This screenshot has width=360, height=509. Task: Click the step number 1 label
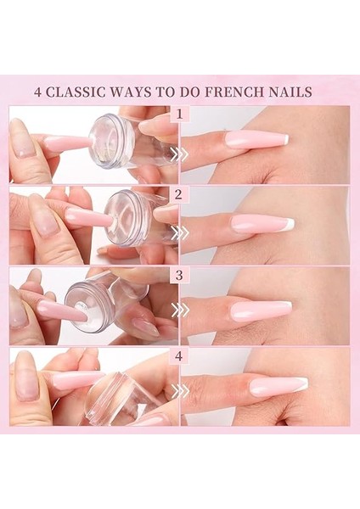coord(179,114)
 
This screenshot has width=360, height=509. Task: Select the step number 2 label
coord(179,194)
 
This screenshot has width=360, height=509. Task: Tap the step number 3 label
coord(179,275)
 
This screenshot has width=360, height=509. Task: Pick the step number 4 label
coord(179,355)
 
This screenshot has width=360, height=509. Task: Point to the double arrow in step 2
coord(179,232)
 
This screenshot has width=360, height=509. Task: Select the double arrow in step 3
coord(179,311)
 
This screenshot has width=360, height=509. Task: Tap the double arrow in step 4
coord(179,390)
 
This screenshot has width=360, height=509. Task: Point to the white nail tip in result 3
coord(286,305)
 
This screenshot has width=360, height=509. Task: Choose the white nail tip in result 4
coord(302,384)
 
